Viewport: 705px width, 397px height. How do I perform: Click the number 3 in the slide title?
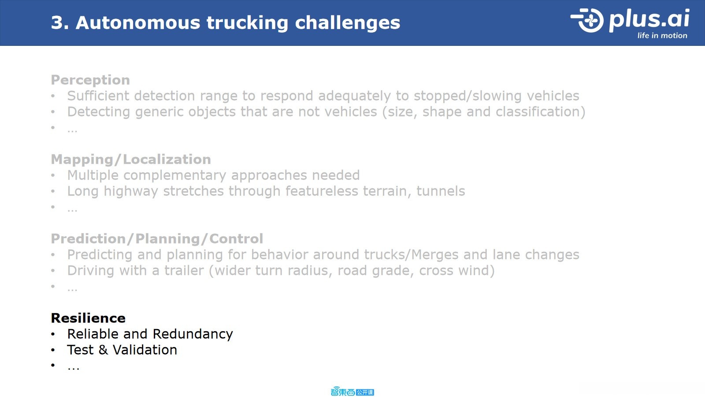coord(57,22)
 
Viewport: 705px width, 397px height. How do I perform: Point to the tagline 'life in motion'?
coord(662,36)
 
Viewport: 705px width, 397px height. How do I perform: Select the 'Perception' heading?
coord(90,80)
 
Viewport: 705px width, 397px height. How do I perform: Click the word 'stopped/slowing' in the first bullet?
coord(468,96)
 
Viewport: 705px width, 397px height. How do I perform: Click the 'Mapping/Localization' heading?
coord(131,160)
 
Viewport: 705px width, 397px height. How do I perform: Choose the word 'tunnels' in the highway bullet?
coord(441,191)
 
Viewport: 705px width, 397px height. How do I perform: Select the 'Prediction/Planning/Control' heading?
coord(157,239)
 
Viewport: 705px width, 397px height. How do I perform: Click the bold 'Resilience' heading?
coord(88,318)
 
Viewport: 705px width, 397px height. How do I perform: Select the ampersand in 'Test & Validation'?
coord(103,350)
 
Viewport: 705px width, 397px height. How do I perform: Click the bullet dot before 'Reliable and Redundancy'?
coord(53,334)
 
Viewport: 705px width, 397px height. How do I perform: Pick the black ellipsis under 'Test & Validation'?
coord(73,368)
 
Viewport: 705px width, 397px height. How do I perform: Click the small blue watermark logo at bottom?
coord(352,392)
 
